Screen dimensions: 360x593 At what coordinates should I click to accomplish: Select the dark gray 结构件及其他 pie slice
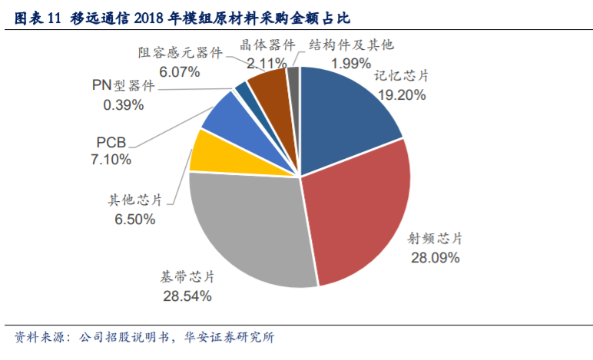point(293,81)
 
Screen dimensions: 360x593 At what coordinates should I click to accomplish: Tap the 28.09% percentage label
point(435,258)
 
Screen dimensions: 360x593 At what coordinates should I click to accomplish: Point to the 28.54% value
point(187,295)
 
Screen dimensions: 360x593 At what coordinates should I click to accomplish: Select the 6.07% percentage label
point(179,72)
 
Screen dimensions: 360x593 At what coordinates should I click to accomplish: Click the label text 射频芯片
point(435,239)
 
